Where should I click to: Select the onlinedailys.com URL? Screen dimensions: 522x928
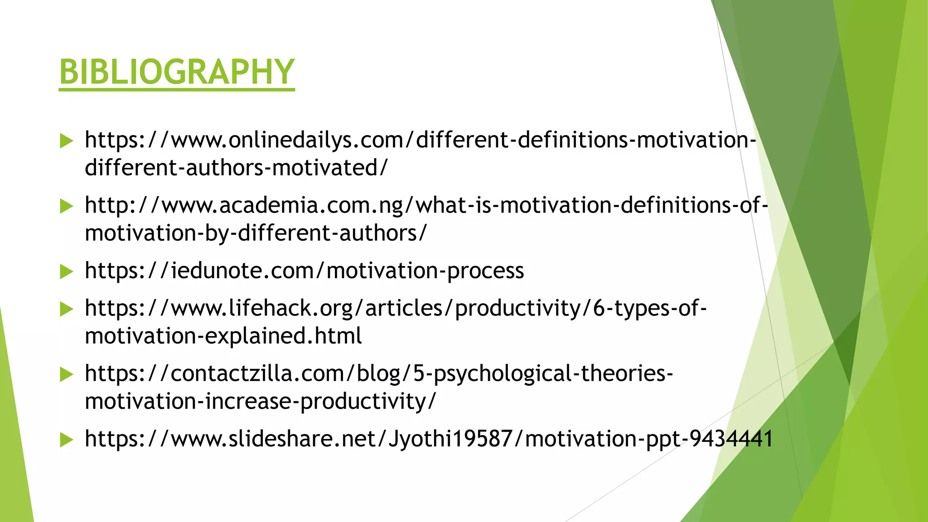click(420, 140)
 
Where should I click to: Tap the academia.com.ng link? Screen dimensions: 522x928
click(426, 205)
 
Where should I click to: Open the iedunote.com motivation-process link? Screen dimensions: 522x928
click(304, 271)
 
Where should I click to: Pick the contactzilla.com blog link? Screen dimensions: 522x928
click(379, 373)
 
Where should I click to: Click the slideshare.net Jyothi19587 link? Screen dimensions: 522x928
click(428, 439)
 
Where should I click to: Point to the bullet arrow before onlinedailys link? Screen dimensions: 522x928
click(66, 141)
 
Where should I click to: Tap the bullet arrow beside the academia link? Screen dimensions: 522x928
click(66, 206)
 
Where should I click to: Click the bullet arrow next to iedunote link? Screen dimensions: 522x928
click(66, 271)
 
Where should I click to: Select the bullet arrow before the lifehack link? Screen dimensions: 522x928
click(66, 309)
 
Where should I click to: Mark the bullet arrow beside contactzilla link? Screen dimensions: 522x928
click(66, 374)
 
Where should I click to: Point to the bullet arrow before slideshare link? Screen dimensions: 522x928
click(66, 440)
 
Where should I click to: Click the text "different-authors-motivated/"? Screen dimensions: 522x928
click(236, 168)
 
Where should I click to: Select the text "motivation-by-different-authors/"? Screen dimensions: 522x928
click(256, 233)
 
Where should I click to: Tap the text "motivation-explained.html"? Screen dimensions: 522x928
click(223, 336)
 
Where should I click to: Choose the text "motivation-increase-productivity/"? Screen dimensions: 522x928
click(260, 401)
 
